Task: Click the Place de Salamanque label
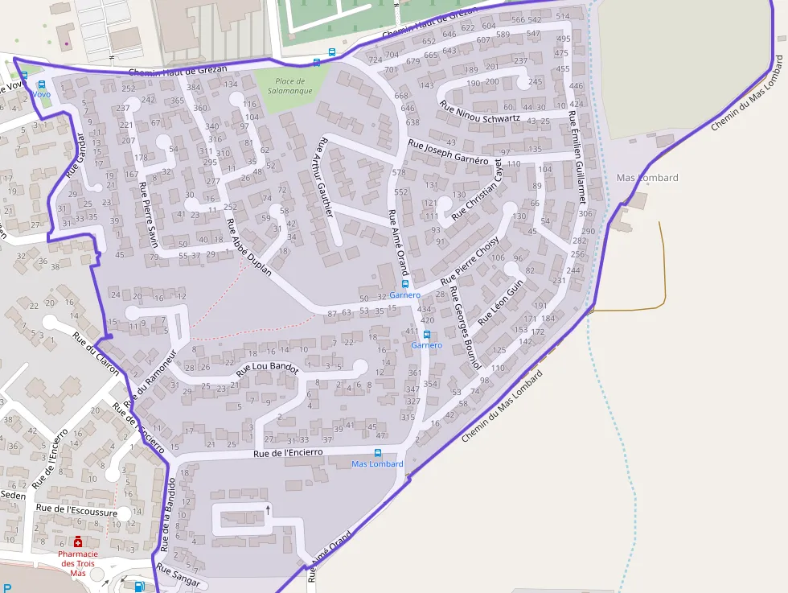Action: pos(289,86)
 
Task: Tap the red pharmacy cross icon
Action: pos(78,542)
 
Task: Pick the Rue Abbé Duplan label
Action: pos(248,248)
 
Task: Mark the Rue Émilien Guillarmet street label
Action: pos(578,160)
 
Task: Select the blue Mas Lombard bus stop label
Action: pos(377,464)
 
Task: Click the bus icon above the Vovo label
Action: pos(24,76)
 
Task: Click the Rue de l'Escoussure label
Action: pos(72,512)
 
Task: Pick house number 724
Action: pos(374,60)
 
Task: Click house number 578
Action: pos(399,173)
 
